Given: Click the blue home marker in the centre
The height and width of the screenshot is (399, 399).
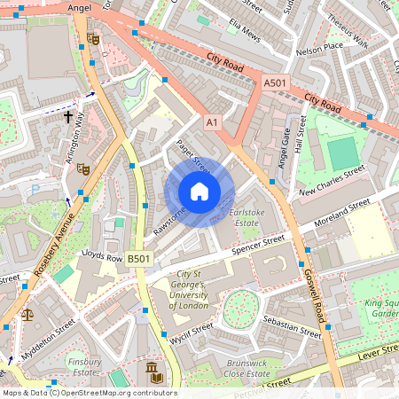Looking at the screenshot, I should click(199, 191).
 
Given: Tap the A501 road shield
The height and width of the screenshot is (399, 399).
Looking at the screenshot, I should click(277, 82).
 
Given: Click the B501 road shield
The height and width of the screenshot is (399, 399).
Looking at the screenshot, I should click(138, 259).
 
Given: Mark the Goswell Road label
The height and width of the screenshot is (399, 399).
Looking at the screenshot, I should click(320, 301).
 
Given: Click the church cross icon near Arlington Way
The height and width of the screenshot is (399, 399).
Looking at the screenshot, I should click(67, 116).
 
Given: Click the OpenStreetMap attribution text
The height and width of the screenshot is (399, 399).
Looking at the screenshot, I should click(89, 393).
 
